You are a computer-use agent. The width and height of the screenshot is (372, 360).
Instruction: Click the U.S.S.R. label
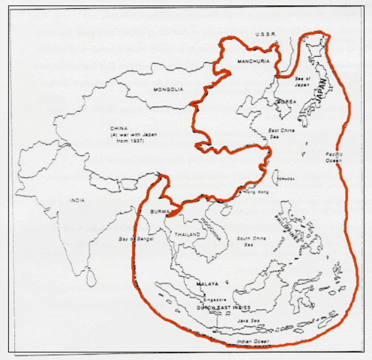(267, 34)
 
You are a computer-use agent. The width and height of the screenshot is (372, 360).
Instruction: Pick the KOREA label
(285, 100)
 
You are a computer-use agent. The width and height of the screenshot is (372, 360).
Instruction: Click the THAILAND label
(188, 235)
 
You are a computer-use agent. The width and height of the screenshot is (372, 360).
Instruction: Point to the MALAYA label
(208, 284)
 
